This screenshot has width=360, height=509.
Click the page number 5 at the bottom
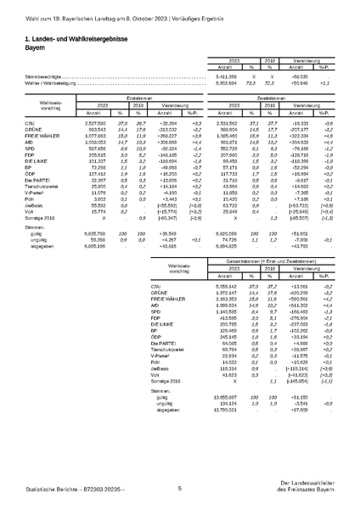tap(180, 489)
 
